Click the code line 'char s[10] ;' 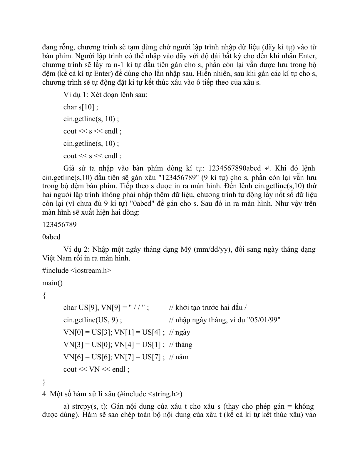click(x=81, y=107)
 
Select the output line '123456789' click(x=59, y=225)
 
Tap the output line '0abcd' click(x=51, y=237)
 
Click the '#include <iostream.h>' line click(x=77, y=270)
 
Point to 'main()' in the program click(x=52, y=283)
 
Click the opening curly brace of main click(x=44, y=295)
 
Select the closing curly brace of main click(x=44, y=382)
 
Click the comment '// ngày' click(x=180, y=333)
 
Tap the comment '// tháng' click(x=181, y=345)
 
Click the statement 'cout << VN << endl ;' click(x=96, y=370)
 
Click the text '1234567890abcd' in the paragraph click(x=234, y=168)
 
